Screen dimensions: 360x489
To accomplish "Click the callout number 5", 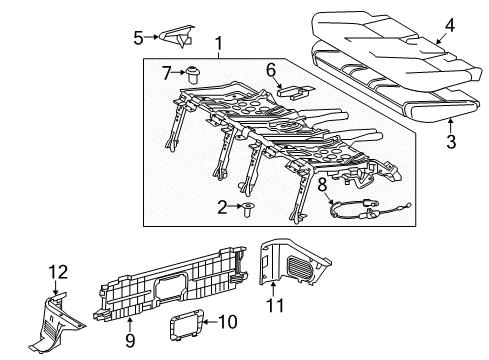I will [x=139, y=37].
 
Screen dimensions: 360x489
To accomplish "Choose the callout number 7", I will [x=168, y=72].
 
